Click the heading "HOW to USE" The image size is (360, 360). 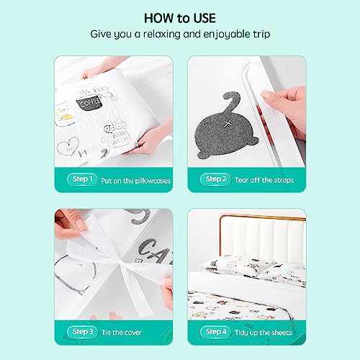179,17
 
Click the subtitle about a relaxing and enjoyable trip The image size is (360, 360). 179,34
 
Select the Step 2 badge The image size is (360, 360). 215,179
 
